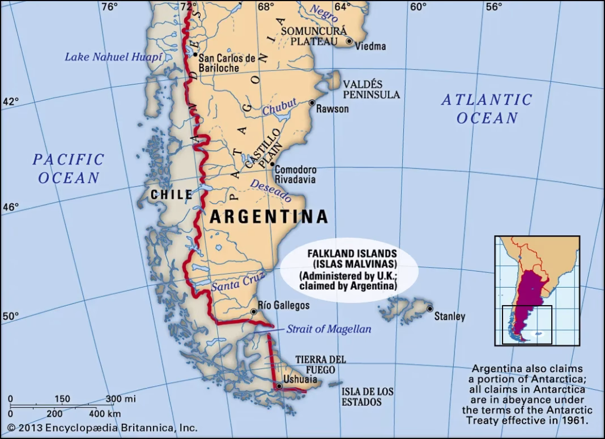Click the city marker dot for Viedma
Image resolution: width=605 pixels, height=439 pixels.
tap(349, 41)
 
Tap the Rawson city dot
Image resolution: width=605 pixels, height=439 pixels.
tap(312, 103)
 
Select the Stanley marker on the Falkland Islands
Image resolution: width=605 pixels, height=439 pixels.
tap(430, 309)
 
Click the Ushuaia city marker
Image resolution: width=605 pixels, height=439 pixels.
tap(279, 386)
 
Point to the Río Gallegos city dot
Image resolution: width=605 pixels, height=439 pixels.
tap(254, 311)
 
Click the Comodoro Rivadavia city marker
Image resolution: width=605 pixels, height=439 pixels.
tap(271, 167)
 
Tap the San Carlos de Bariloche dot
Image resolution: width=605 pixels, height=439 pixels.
tap(195, 55)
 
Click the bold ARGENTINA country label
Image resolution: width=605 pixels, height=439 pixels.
tap(269, 217)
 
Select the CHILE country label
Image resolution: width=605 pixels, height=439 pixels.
tap(172, 195)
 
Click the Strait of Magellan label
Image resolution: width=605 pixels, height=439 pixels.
tap(329, 329)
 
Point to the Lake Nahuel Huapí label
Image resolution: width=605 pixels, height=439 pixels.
tap(113, 57)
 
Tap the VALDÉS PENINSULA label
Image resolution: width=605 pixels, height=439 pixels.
tap(371, 90)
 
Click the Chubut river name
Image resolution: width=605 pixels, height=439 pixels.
tap(279, 107)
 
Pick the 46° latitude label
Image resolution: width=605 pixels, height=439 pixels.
tap(11, 208)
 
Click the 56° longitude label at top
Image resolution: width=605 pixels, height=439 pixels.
tap(493, 7)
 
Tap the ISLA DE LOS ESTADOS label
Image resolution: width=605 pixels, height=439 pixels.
tap(367, 397)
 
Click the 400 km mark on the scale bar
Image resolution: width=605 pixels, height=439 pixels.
tap(104, 414)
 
